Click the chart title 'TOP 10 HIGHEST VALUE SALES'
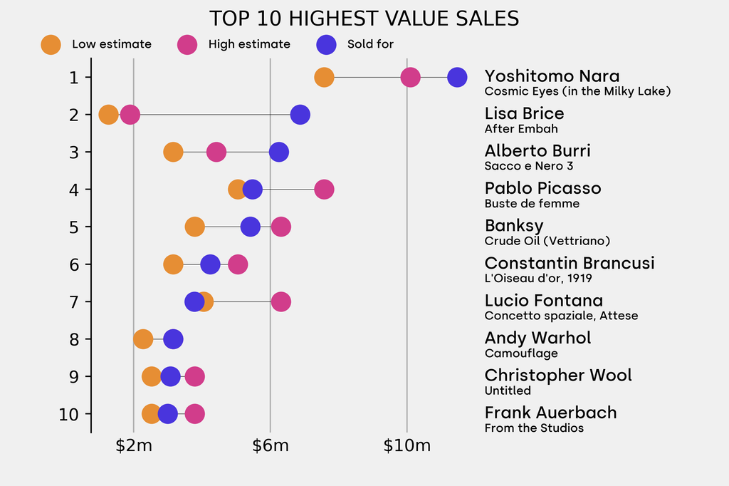coord(364,19)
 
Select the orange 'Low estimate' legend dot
coord(51,44)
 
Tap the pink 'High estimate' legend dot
coord(187,44)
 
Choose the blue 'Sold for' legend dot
coord(325,44)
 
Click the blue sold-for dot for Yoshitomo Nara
coord(457,77)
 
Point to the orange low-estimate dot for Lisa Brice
coord(108,114)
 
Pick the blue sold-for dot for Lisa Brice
coord(300,114)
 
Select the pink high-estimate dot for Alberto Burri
coord(216,152)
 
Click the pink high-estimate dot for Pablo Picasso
coord(324,190)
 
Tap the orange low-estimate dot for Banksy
coord(194,227)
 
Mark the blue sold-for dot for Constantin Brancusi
coord(210,264)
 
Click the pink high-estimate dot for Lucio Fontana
coord(281,301)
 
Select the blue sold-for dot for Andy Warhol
coord(173,339)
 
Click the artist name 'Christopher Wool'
coord(558,376)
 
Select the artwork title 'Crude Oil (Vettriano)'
coord(547,241)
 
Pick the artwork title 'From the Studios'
coord(534,428)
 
